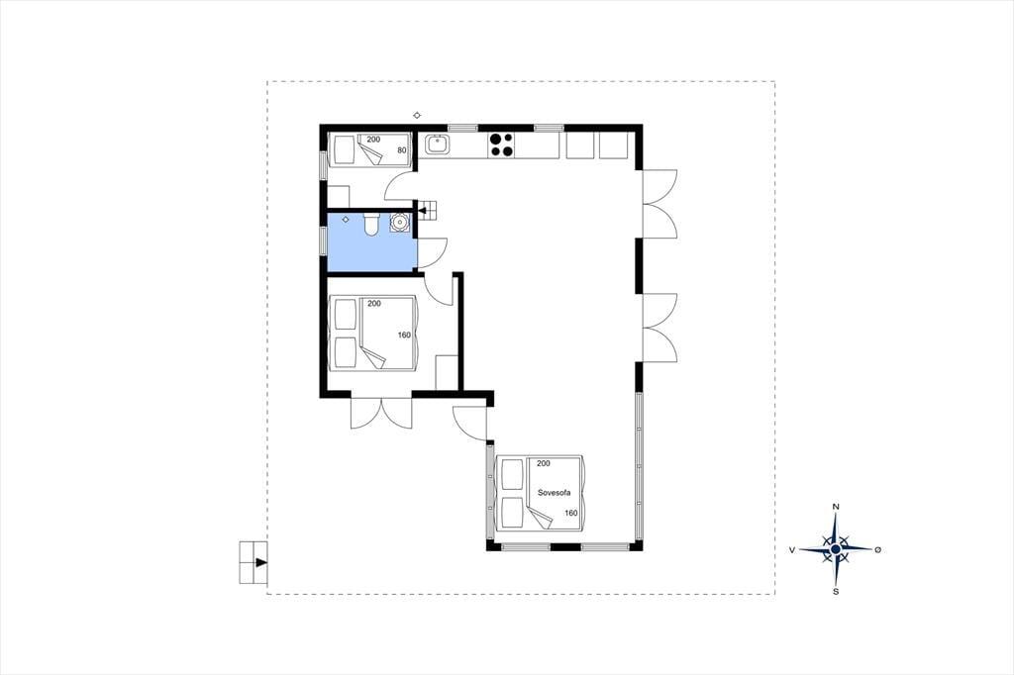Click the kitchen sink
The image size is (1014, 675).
click(437, 145)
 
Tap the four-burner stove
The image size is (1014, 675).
click(501, 145)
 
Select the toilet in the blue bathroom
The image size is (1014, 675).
click(371, 225)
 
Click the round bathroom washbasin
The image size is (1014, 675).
click(400, 223)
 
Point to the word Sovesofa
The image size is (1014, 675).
click(555, 493)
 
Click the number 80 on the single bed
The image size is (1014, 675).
click(402, 150)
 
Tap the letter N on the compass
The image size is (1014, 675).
click(836, 507)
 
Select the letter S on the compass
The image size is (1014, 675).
click(836, 591)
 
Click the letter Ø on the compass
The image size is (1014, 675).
click(877, 549)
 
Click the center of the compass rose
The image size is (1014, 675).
click(836, 549)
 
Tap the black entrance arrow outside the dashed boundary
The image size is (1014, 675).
click(261, 562)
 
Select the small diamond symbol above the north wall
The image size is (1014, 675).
click(417, 116)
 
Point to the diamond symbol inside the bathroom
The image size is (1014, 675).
click(346, 220)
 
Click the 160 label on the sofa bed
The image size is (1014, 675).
click(571, 514)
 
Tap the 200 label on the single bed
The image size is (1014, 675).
click(373, 140)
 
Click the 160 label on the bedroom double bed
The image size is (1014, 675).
click(404, 335)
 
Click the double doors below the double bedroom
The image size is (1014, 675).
click(381, 411)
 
